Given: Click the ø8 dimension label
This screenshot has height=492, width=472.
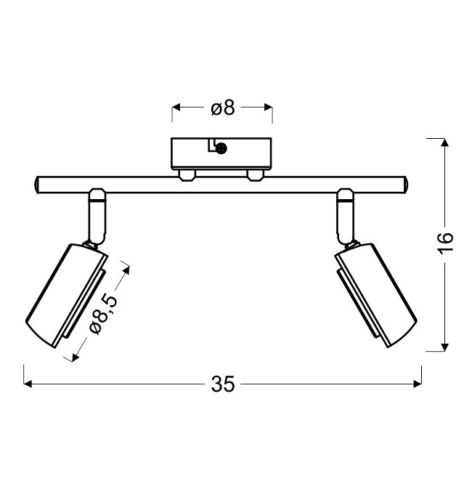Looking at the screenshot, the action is (223, 108).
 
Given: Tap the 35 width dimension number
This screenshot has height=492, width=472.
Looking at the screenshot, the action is (223, 384).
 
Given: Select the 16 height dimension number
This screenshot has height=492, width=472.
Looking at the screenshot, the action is (446, 243).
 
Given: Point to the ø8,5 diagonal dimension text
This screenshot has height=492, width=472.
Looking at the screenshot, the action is (104, 314).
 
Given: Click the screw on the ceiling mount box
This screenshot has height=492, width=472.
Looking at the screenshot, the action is (221, 148).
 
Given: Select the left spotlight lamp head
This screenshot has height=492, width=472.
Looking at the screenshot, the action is (67, 296).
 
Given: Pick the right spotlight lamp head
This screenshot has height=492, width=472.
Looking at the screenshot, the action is (376, 296).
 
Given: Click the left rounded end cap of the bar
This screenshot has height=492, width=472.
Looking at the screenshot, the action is (36, 185).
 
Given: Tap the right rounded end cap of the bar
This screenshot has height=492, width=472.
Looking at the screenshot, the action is (405, 185).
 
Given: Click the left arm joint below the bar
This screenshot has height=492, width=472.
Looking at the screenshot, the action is (97, 217).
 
